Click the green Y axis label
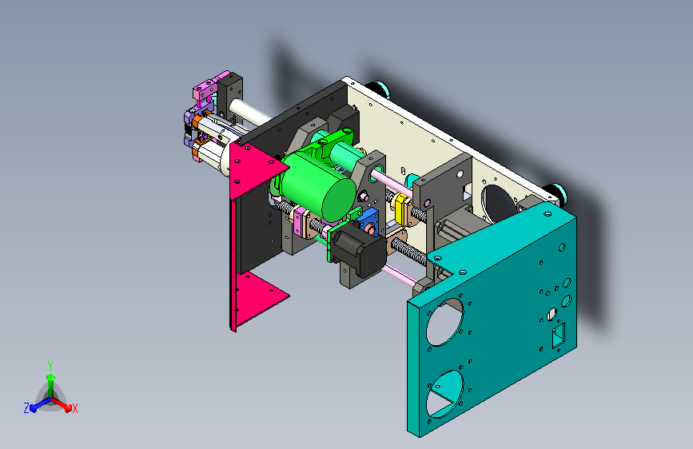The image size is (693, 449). (x=50, y=366)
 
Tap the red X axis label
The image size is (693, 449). (x=74, y=408)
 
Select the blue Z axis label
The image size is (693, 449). (x=26, y=408)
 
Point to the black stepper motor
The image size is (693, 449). (x=358, y=250)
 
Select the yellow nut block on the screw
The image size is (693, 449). (x=402, y=209)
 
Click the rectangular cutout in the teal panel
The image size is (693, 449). (x=558, y=336)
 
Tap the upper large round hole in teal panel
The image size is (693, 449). (x=444, y=322)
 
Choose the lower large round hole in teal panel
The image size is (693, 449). (x=444, y=394)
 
